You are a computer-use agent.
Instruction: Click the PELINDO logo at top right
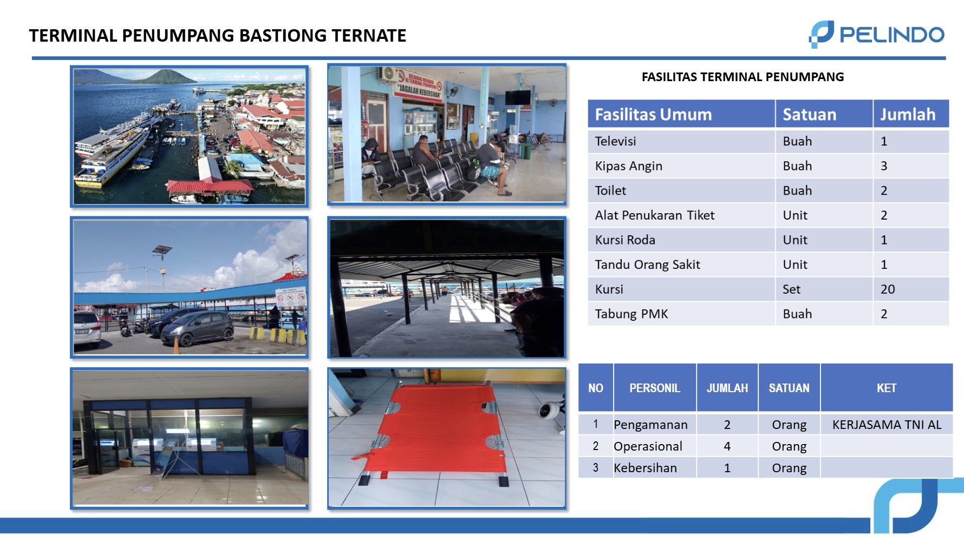coord(876,35)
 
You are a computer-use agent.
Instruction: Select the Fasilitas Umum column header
coord(653,115)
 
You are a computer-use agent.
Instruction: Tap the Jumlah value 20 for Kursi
coord(888,289)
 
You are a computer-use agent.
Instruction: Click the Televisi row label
coord(616,142)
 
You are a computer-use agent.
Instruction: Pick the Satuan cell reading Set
coord(791,289)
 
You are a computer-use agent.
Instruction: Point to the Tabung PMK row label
coord(631,314)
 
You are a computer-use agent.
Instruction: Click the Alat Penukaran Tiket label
coord(655,215)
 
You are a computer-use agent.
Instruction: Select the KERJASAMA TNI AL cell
coord(887,425)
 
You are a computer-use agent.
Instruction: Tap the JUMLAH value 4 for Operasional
coord(727,446)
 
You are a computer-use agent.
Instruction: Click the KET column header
coord(887,388)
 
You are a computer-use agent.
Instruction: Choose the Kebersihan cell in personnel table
coord(645,468)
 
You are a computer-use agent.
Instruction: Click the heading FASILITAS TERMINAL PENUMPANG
coord(742,77)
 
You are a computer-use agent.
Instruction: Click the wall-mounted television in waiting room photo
coord(518,97)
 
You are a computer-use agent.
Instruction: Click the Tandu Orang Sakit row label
coord(647,265)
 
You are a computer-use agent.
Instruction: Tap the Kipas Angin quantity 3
coord(884,166)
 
